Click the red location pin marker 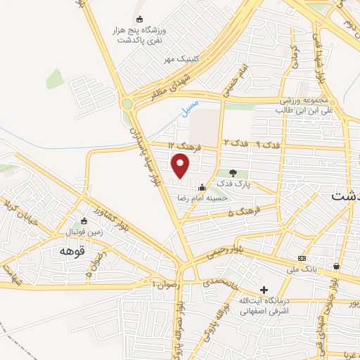(181, 166)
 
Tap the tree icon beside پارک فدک (233, 173)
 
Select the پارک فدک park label (233, 184)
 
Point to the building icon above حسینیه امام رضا (202, 188)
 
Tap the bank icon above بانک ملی (302, 258)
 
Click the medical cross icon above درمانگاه (264, 290)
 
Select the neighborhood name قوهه (72, 250)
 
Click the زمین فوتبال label (84, 231)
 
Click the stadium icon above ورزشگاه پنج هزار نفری (139, 19)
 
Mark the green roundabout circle (127, 104)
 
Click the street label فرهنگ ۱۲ (187, 146)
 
